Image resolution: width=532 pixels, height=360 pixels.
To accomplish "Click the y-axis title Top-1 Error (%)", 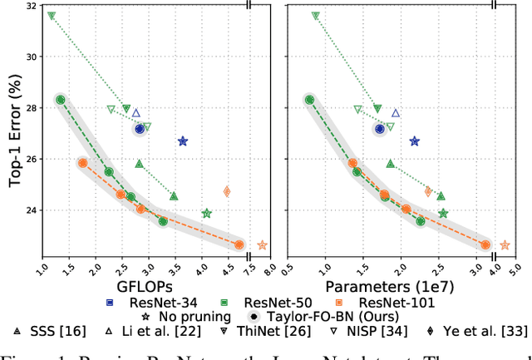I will pyautogui.click(x=14, y=134).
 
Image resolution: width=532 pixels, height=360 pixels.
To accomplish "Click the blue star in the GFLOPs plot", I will pyautogui.click(x=183, y=141).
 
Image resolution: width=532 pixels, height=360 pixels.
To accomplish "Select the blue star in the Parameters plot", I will pyautogui.click(x=415, y=142).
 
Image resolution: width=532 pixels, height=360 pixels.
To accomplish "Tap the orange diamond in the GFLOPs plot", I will pyautogui.click(x=226, y=192).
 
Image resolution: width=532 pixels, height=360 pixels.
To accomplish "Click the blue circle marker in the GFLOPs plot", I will pyautogui.click(x=140, y=129).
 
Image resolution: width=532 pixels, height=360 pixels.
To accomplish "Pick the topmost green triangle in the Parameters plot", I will pyautogui.click(x=315, y=16).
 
